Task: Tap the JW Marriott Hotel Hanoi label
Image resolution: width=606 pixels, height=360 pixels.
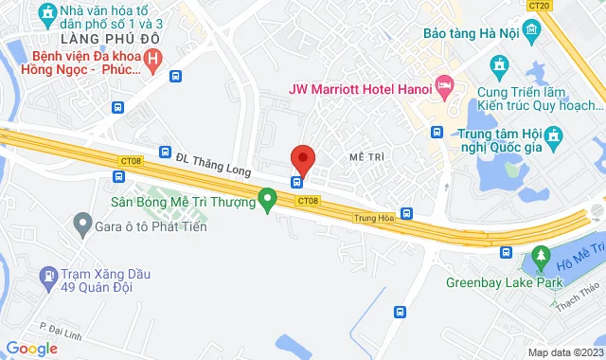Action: coord(360,90)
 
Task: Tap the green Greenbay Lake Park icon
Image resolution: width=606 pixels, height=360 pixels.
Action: coord(541,256)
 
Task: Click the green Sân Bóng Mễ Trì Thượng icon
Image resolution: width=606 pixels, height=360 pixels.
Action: coord(268,200)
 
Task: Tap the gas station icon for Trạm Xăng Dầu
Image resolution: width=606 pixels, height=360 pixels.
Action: coord(48,278)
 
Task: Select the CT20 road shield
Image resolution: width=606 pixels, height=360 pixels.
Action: coord(541,5)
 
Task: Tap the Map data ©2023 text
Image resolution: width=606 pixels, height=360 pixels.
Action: coord(564,352)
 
